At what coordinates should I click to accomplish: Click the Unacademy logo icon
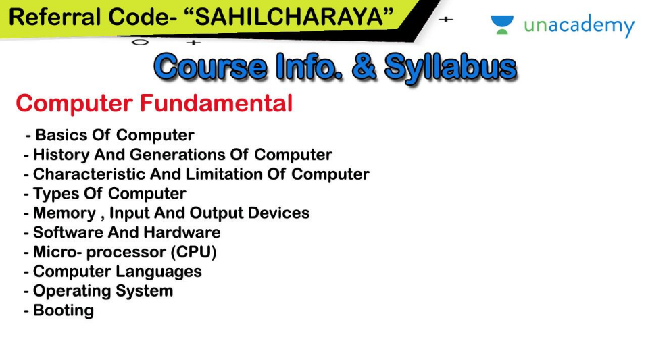(x=502, y=26)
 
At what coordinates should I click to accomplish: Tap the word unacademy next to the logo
(x=579, y=26)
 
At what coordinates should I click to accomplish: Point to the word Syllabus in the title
(x=450, y=68)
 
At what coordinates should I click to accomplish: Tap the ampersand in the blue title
(x=364, y=68)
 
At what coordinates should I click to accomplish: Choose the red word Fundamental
(x=216, y=104)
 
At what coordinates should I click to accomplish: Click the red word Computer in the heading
(x=74, y=104)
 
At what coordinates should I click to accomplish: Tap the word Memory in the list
(x=64, y=213)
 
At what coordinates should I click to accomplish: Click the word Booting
(x=63, y=311)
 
